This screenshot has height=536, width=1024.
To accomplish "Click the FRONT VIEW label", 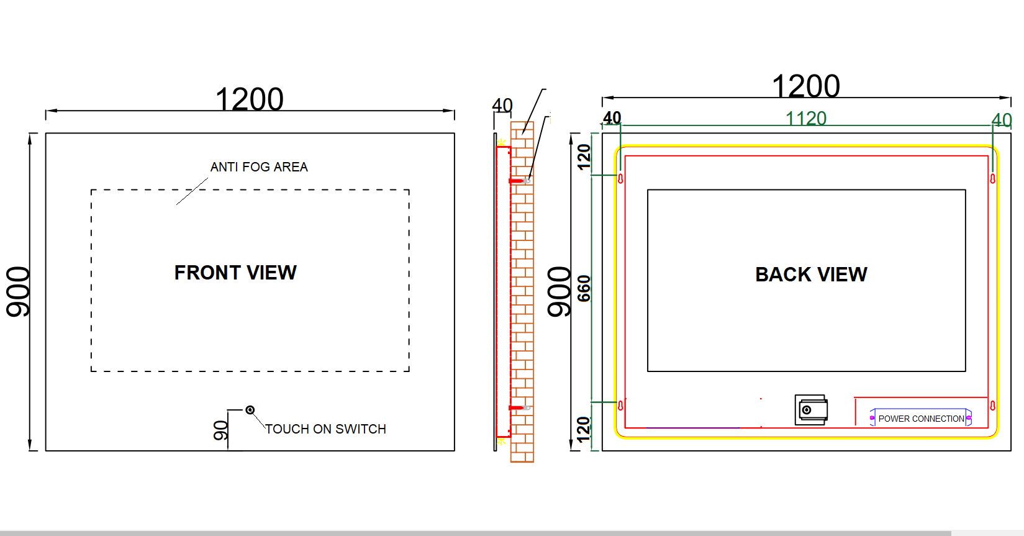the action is pyautogui.click(x=235, y=273).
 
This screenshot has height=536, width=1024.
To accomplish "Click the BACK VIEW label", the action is pyautogui.click(x=811, y=275).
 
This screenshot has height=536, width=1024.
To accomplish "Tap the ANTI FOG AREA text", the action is pyautogui.click(x=259, y=167).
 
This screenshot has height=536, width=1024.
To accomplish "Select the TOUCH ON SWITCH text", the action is pyautogui.click(x=325, y=429).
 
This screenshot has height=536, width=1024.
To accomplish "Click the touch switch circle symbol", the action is pyautogui.click(x=250, y=410).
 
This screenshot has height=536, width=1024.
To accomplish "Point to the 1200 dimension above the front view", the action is pyautogui.click(x=249, y=99).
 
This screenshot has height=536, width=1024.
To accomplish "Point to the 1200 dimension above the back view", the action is pyautogui.click(x=805, y=86).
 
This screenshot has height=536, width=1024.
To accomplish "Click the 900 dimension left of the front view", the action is pyautogui.click(x=18, y=292).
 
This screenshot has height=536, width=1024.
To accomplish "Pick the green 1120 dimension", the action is pyautogui.click(x=805, y=119).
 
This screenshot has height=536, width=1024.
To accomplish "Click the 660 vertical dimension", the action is pyautogui.click(x=584, y=289).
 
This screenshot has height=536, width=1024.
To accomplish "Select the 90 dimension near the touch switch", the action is pyautogui.click(x=220, y=431).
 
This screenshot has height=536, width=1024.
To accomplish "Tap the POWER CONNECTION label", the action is pyautogui.click(x=921, y=419).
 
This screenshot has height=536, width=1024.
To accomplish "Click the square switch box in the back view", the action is pyautogui.click(x=811, y=410).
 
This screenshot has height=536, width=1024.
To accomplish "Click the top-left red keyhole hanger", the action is pyautogui.click(x=620, y=178).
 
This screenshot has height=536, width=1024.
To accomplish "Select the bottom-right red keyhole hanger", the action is pyautogui.click(x=992, y=406).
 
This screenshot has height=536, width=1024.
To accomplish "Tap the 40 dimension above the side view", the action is pyautogui.click(x=502, y=105).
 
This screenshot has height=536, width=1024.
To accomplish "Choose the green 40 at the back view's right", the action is pyautogui.click(x=1001, y=120).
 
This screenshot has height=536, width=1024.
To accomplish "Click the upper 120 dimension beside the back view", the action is pyautogui.click(x=584, y=157).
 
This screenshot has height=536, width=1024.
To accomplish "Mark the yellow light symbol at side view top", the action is pyautogui.click(x=502, y=142).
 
